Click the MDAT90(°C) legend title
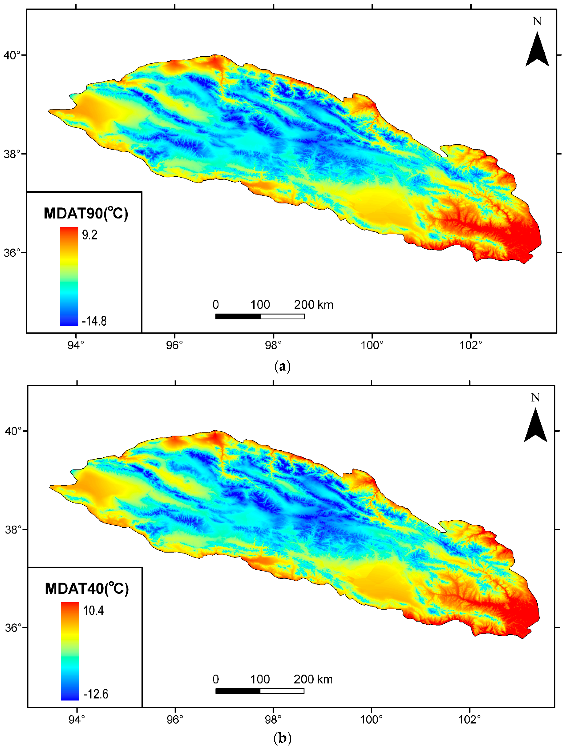click(x=86, y=213)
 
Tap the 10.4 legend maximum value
click(x=93, y=611)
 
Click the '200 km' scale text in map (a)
click(x=313, y=304)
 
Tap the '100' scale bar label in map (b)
click(x=260, y=679)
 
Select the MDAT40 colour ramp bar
click(x=70, y=651)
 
